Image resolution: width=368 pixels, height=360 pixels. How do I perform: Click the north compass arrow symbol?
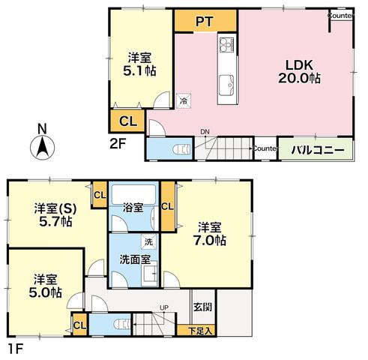tap(42, 148)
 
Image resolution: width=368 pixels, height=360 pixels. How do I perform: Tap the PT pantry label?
tap(205, 22)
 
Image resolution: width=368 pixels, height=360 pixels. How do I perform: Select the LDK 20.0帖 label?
tap(299, 71)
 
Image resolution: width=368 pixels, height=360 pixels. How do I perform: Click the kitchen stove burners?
tap(227, 45)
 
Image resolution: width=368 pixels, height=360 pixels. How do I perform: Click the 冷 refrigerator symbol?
tap(184, 101)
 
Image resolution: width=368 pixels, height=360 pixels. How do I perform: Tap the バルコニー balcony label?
tap(318, 150)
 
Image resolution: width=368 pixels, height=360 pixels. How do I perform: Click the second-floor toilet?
tap(181, 149)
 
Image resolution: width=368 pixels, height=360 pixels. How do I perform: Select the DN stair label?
tap(205, 132)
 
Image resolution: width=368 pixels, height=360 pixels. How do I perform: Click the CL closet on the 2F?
tap(128, 121)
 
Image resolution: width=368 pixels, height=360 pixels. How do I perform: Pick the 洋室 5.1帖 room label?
tap(139, 64)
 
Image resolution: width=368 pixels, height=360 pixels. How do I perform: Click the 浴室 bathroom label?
tap(133, 207)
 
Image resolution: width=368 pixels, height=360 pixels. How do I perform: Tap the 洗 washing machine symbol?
tap(149, 241)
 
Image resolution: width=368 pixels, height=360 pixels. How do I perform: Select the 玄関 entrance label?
tap(203, 307)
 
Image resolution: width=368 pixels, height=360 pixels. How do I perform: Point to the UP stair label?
tap(164, 307)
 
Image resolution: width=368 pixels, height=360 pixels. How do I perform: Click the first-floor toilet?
tap(123, 324)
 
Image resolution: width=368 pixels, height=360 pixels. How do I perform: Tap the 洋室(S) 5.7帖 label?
tap(55, 215)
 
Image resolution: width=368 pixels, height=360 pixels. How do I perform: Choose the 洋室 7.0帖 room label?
tap(210, 234)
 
